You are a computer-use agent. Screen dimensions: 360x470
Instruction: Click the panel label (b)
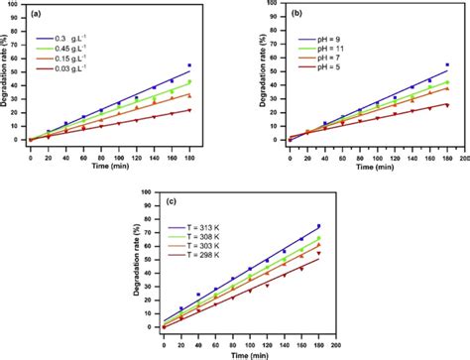pos(296,17)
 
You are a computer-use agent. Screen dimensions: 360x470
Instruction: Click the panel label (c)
pos(172,203)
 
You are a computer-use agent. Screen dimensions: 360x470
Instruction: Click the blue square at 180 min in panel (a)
pos(188,65)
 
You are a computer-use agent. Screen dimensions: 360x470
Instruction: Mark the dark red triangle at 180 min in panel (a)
pos(188,110)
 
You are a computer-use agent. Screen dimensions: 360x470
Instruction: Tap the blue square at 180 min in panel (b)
pos(446,65)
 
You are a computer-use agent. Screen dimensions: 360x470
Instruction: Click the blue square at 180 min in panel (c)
pos(318,226)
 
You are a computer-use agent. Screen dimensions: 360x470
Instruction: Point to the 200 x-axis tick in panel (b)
pos(463,148)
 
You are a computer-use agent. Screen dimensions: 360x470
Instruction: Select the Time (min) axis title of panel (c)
pos(248,351)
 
